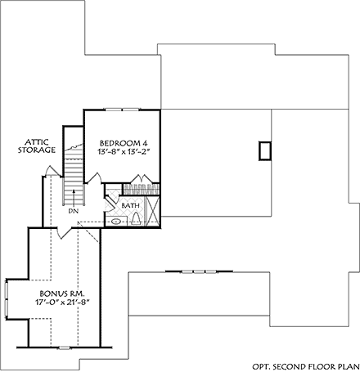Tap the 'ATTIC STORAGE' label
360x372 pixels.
point(38,146)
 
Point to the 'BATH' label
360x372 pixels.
point(130,205)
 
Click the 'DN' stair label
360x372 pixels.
point(73,210)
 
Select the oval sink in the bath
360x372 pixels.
point(116,221)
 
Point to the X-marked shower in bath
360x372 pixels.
point(151,209)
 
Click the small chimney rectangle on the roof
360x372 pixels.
point(263,151)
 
